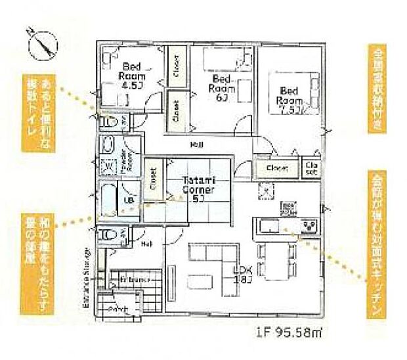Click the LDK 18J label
pos(244,274)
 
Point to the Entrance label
pos(132,280)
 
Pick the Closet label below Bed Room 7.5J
pos(277,169)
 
